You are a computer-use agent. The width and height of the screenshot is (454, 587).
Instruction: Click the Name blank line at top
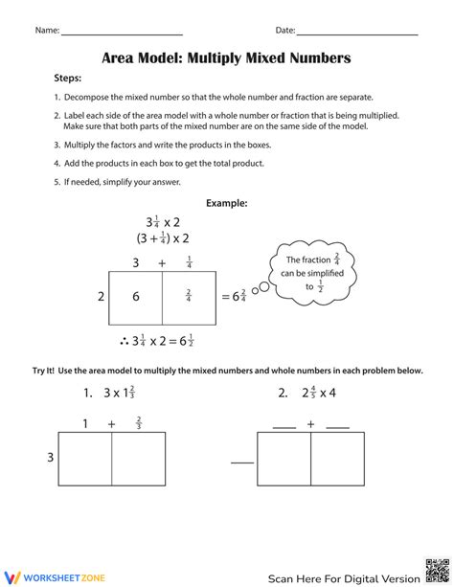click(122, 34)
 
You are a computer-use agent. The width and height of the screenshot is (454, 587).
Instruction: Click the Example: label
click(227, 203)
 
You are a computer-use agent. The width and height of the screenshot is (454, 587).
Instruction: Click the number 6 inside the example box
click(136, 297)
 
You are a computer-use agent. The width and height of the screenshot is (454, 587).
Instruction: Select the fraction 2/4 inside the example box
click(188, 297)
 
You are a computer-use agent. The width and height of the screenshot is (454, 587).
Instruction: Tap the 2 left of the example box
click(101, 297)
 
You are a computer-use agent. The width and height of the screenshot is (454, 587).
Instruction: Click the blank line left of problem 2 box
click(242, 463)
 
